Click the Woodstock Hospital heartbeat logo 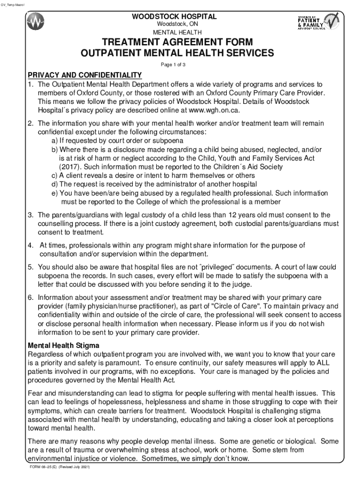coord(36,22)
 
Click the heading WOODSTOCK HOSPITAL coord(174,17)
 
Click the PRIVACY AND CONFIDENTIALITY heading coord(85,75)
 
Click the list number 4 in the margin coord(30,245)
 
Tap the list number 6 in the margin coord(30,298)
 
